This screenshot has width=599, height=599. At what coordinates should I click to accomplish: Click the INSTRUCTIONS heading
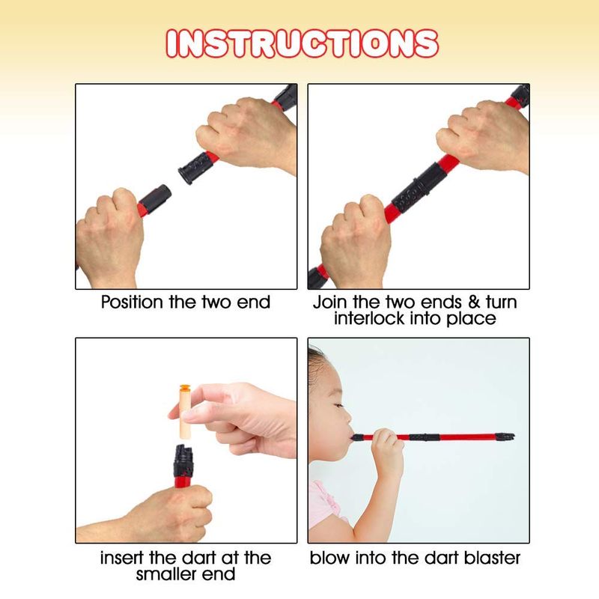coord(302,43)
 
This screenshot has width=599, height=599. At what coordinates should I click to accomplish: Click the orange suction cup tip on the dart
coord(185,387)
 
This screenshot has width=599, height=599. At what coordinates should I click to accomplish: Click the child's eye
coord(337,405)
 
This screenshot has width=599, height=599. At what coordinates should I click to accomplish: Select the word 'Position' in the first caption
coord(133,302)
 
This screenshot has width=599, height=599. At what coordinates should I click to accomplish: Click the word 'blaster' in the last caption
coord(492,558)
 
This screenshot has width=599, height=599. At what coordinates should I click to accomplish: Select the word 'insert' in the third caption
coord(122,558)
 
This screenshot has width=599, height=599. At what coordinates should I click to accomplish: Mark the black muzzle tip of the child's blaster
coord(505,437)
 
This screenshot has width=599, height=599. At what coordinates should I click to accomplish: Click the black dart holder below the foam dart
coord(183,460)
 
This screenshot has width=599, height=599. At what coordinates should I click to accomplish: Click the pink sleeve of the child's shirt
coord(325,504)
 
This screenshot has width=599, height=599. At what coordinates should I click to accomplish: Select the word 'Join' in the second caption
coord(331,302)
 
